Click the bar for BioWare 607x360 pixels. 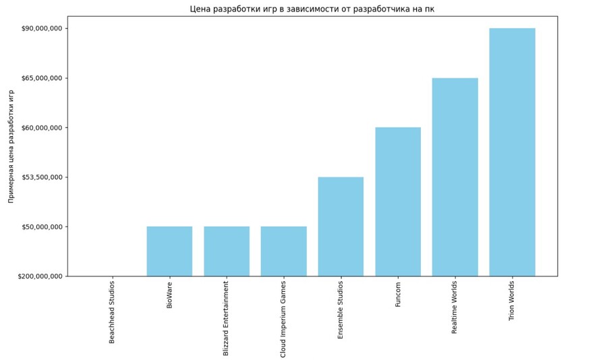click(169, 251)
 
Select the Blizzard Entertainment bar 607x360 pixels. click(227, 251)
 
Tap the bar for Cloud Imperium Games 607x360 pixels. click(283, 251)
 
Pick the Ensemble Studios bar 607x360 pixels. click(341, 227)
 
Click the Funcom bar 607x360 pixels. click(398, 202)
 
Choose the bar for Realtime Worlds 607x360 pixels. click(455, 177)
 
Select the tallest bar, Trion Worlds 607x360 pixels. click(512, 152)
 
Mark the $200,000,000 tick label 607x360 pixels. click(41, 276)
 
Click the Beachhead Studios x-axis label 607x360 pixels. click(112, 312)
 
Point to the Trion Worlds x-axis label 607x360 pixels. click(512, 301)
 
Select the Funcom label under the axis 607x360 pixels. click(398, 294)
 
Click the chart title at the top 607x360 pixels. click(312, 9)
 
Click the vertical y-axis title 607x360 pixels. click(11, 146)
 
